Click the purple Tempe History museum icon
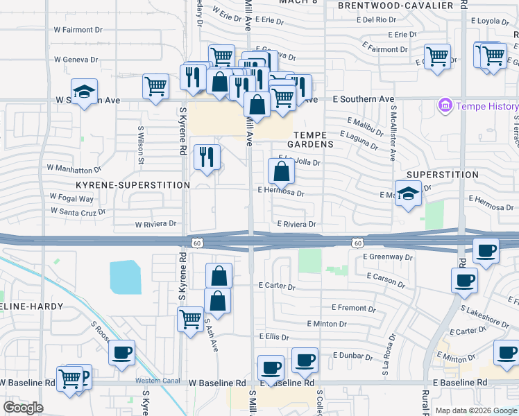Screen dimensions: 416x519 coord(445,107)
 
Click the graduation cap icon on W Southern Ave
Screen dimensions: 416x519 coord(85,92)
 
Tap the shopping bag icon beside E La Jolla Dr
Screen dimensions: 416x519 coord(282,171)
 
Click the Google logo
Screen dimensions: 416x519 coord(22,408)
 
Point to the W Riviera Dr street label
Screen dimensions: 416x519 coord(155,225)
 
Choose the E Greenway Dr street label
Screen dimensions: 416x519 coord(387,257)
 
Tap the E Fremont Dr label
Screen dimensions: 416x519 coord(353,307)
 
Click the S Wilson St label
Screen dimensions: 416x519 coord(141,145)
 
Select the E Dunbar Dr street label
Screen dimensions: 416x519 coord(353,355)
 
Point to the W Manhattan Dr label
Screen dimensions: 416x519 coord(74,168)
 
